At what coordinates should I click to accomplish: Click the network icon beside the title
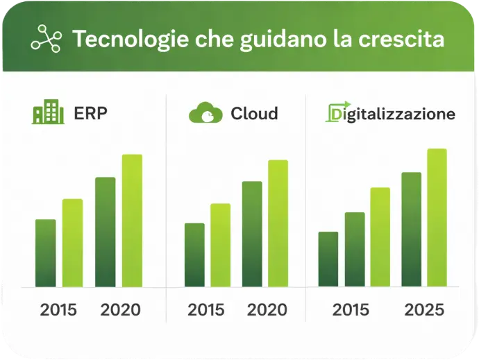[47, 40]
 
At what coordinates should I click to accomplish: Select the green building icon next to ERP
[48, 112]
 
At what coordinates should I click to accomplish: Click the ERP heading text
[91, 113]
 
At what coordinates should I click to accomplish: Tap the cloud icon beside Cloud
[205, 113]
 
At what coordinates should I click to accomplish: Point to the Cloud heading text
[254, 113]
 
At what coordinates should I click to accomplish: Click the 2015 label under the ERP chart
[59, 309]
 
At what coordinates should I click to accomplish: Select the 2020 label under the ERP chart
[120, 309]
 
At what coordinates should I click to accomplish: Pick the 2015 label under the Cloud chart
[206, 309]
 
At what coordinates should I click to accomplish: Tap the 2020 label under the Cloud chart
[267, 309]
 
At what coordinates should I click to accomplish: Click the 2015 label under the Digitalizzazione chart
[351, 309]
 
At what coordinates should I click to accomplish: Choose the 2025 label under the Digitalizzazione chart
[424, 309]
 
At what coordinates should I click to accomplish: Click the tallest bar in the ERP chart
[132, 221]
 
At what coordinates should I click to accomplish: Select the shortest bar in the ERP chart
[46, 252]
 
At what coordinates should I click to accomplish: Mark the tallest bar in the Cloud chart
[278, 223]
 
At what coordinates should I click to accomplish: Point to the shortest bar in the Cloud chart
[194, 255]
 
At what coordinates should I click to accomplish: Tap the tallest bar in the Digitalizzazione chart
[437, 217]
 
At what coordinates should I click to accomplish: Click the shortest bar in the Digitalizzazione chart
[328, 259]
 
